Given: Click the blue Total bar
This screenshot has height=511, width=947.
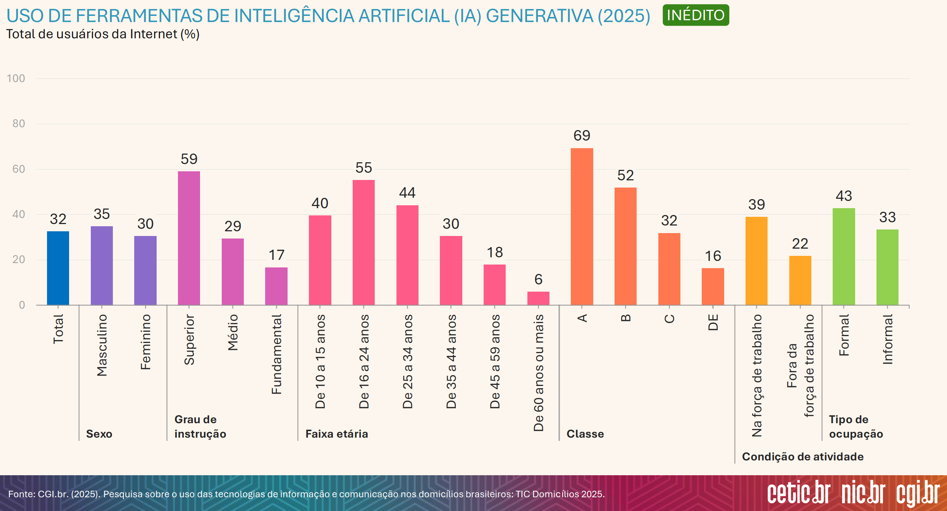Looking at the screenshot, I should tap(58, 268).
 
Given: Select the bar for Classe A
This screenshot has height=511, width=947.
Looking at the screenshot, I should tap(582, 226).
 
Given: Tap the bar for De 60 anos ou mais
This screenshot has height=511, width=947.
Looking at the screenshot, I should tap(538, 298).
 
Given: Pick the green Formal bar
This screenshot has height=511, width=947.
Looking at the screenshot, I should tap(844, 257).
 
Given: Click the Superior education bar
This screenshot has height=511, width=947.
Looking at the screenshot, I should tap(189, 238).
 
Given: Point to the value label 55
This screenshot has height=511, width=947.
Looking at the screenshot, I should tap(364, 168).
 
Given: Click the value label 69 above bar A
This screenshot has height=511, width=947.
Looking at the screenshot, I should tap(582, 136).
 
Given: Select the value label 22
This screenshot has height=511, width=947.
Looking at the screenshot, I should tap(800, 244).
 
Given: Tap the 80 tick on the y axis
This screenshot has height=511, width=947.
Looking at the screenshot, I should tap(18, 124).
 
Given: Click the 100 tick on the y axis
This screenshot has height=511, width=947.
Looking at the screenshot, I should tap(16, 78).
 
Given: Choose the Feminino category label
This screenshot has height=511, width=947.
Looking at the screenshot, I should tap(145, 342).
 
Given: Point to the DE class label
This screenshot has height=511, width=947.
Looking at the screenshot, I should tap(713, 322).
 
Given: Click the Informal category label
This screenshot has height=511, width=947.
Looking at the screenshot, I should tap(887, 339).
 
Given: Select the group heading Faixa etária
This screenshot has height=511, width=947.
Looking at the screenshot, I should tap(336, 434).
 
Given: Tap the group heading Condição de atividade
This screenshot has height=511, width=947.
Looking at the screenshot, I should tap(803, 457).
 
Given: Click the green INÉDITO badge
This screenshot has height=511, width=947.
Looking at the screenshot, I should tap(696, 15).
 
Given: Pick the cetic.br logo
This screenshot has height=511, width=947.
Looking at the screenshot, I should tap(798, 493).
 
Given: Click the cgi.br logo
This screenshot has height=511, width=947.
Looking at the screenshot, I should tap(918, 493).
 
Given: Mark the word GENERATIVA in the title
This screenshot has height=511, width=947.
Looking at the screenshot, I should tap(539, 16).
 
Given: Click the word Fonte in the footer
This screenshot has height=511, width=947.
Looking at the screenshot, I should tap(21, 494).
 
